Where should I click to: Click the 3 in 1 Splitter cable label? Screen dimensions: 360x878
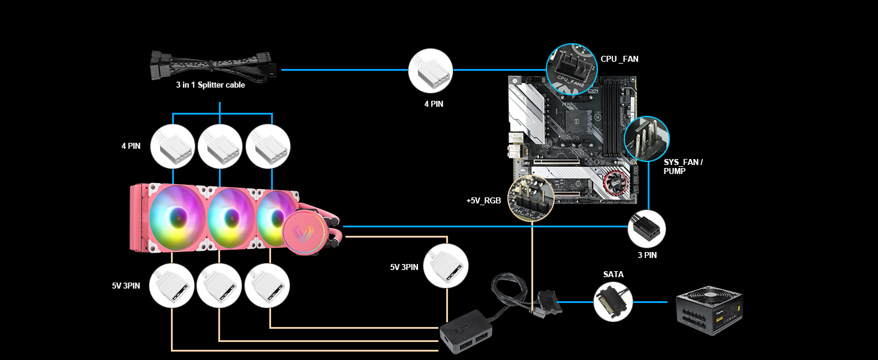pos(210,85)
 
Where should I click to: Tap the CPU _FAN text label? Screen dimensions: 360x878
pos(620,59)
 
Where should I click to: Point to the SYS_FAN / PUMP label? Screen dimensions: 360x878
pos(683,167)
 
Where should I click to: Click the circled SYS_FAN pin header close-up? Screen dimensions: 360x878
pos(647,139)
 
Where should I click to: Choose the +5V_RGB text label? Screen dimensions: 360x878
pos(483,200)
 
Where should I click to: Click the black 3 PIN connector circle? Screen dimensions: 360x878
pos(647,229)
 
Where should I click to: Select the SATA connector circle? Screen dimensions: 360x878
pos(614,301)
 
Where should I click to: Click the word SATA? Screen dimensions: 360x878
pos(613,274)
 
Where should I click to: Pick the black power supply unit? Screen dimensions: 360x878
pos(709,314)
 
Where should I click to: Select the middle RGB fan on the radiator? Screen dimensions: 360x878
pos(231,217)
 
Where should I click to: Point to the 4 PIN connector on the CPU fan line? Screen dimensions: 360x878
pos(431,70)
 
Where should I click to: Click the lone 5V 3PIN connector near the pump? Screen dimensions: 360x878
pos(446,265)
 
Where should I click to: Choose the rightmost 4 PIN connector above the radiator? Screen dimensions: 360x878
pos(268,146)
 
